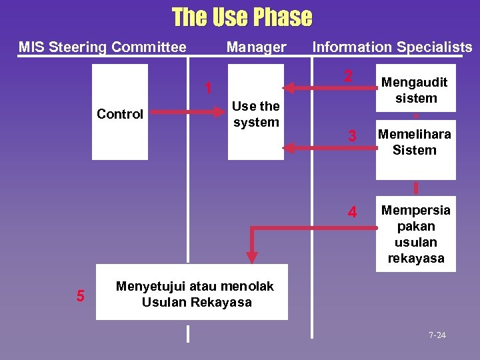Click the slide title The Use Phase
[241, 17]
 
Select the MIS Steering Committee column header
[102, 47]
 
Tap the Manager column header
[256, 47]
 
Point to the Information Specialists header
[392, 47]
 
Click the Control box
[120, 112]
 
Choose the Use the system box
[256, 112]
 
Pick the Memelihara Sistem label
[415, 142]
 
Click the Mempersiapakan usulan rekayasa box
[415, 234]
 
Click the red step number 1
[209, 88]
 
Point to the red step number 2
[348, 77]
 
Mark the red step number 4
[353, 213]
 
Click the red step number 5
[80, 295]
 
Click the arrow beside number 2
[313, 86]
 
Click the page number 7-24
[437, 335]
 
